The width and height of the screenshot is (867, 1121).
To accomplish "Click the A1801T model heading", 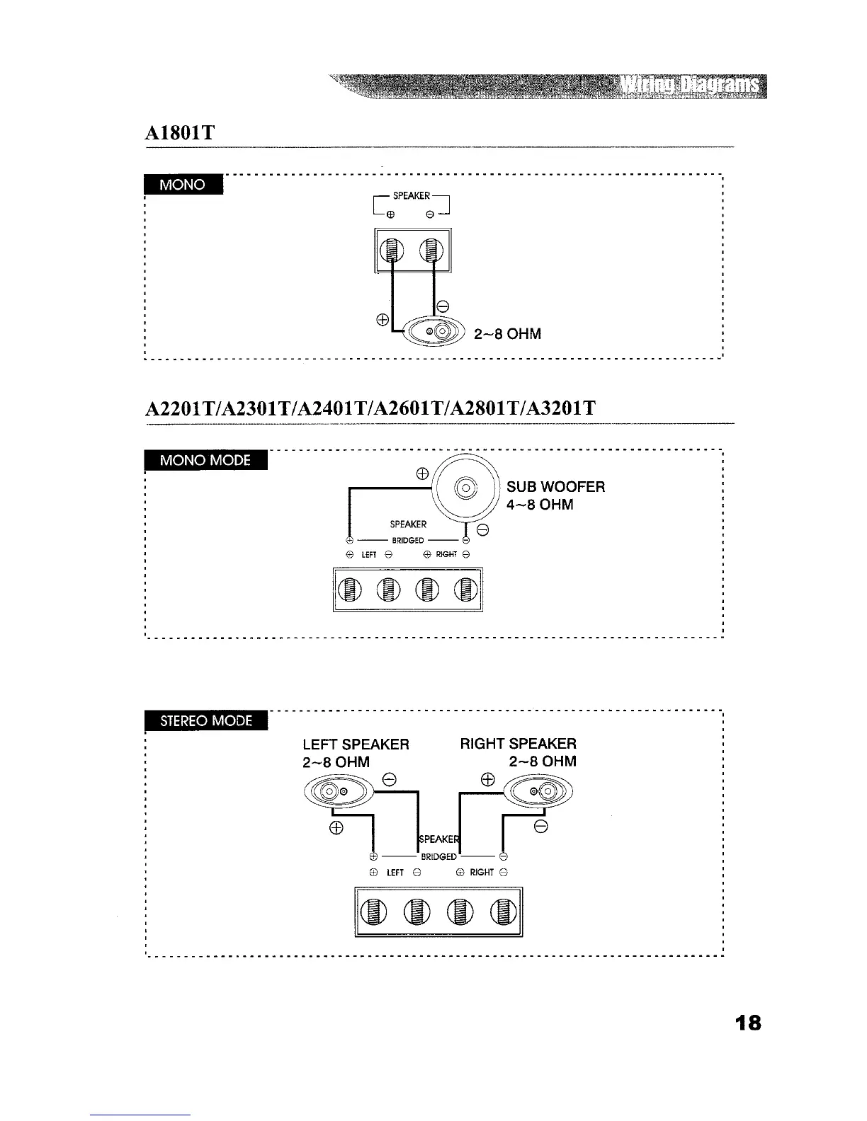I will pyautogui.click(x=180, y=132).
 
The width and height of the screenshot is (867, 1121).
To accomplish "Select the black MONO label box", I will pyautogui.click(x=183, y=185).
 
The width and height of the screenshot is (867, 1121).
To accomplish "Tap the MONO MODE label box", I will pyautogui.click(x=205, y=461).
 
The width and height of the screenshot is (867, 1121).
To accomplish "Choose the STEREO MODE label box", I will pyautogui.click(x=205, y=720).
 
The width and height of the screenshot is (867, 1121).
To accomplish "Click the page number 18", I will pyautogui.click(x=747, y=1023).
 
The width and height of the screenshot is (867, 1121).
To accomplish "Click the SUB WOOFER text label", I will pyautogui.click(x=555, y=487).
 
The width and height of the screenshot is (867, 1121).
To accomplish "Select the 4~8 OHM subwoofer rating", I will pyautogui.click(x=540, y=505).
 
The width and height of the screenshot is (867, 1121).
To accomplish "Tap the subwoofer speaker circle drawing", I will pyautogui.click(x=466, y=488).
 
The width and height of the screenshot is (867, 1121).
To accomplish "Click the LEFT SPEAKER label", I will pyautogui.click(x=356, y=744).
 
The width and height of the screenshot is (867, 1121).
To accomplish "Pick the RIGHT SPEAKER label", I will pyautogui.click(x=518, y=744).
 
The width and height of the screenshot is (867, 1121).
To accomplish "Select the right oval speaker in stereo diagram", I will pyautogui.click(x=540, y=790).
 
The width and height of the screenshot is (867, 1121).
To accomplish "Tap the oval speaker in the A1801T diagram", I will pyautogui.click(x=432, y=330).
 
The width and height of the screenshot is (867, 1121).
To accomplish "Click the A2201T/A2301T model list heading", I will pyautogui.click(x=370, y=408).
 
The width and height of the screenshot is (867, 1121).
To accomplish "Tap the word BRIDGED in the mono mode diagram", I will pyautogui.click(x=407, y=540).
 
